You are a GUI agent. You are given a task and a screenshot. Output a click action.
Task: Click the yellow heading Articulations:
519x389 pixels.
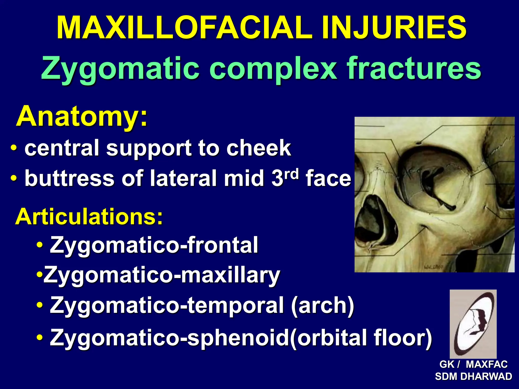click(x=89, y=217)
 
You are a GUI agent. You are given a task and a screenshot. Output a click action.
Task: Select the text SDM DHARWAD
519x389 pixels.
click(x=473, y=377)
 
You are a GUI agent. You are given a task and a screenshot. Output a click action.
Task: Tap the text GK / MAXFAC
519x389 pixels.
click(x=473, y=364)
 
